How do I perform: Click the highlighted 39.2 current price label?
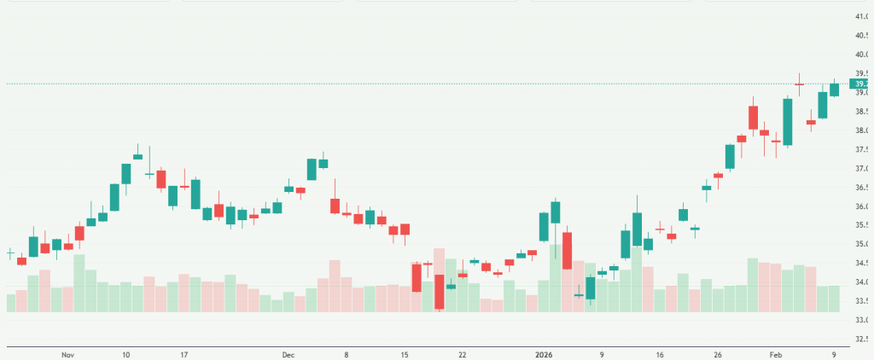859,84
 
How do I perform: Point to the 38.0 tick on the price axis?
859,131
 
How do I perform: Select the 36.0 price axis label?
859,206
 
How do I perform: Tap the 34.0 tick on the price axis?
859,282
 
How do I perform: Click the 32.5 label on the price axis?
859,340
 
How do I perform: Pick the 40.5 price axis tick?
859,36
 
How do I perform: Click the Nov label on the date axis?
68,354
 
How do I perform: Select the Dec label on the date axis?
288,354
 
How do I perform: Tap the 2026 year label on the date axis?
543,354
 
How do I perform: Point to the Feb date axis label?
776,354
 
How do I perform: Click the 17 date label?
184,354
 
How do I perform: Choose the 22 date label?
462,354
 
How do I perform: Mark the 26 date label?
718,354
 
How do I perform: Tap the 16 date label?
660,354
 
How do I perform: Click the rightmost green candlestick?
835,88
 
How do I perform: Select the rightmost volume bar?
835,299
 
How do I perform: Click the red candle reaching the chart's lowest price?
440,292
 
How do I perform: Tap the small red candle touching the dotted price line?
799,84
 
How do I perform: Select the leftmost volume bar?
11,303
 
